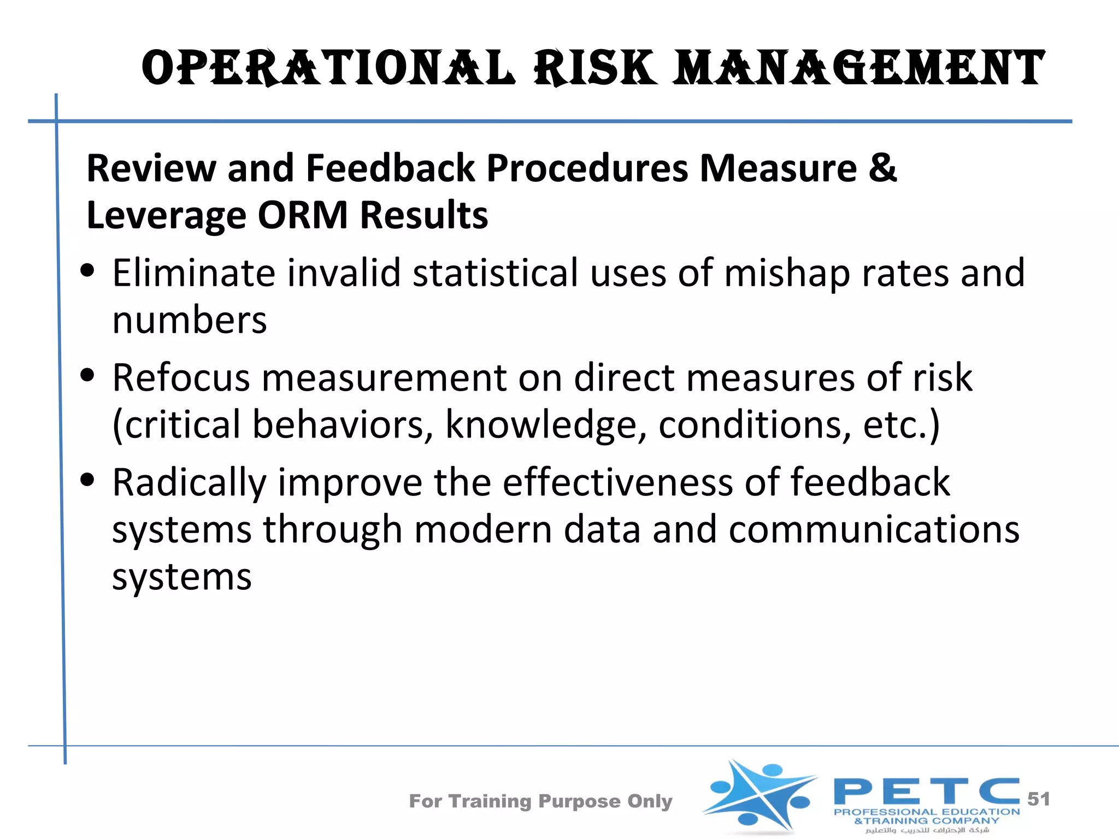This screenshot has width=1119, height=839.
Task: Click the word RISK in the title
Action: point(596,68)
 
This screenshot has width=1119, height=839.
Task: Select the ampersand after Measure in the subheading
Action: point(882,167)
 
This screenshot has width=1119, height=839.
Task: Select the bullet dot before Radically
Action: point(87,480)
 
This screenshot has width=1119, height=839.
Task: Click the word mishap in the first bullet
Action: point(787,273)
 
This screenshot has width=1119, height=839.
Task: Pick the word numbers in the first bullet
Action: point(189,321)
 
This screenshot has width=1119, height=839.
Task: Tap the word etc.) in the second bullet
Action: point(902,425)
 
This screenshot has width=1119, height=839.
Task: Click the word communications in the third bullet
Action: point(874,530)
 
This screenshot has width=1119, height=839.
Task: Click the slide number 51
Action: point(1039,799)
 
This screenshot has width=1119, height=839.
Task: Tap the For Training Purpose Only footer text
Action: point(540,801)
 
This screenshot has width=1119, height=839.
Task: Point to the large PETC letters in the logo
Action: point(926,791)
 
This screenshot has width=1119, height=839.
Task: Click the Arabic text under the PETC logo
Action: point(927,830)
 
